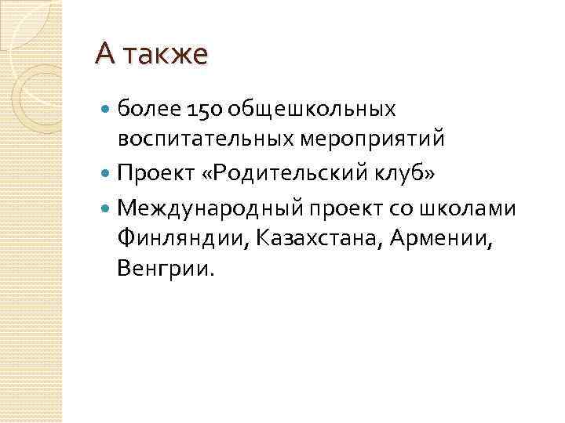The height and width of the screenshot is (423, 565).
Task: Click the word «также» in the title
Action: tap(166, 56)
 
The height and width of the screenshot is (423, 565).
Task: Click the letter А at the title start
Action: tap(106, 54)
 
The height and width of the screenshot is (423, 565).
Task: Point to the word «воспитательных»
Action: tap(207, 140)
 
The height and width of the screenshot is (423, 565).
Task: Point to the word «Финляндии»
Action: tap(182, 237)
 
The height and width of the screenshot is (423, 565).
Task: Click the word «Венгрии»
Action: tap(163, 270)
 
